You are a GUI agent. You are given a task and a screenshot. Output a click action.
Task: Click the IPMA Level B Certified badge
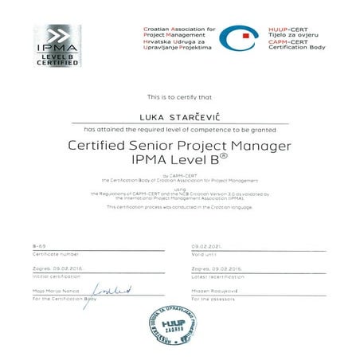57,46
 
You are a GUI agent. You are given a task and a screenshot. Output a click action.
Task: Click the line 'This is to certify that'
179,96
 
